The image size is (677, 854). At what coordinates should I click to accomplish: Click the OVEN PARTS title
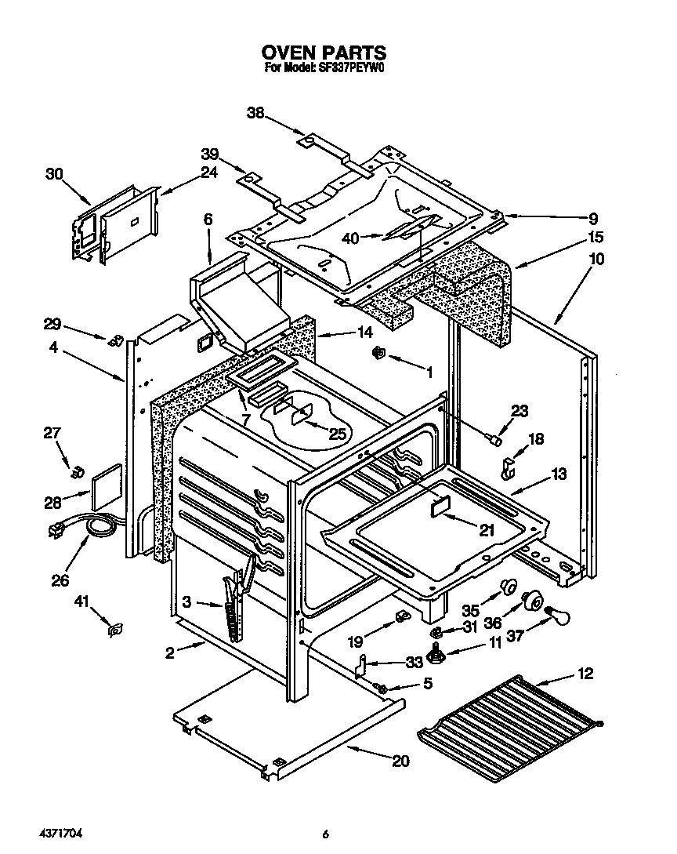[324, 53]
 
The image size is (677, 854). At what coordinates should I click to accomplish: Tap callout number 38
[255, 113]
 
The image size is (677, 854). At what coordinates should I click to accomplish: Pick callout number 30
[53, 174]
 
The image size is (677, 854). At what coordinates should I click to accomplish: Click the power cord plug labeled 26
[56, 531]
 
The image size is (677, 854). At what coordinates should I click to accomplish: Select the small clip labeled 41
[116, 629]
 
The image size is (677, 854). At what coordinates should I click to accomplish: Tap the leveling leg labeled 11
[436, 651]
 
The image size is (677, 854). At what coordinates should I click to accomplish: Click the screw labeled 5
[382, 688]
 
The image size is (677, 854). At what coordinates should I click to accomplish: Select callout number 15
[595, 237]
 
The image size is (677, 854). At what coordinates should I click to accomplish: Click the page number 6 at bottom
[324, 833]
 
